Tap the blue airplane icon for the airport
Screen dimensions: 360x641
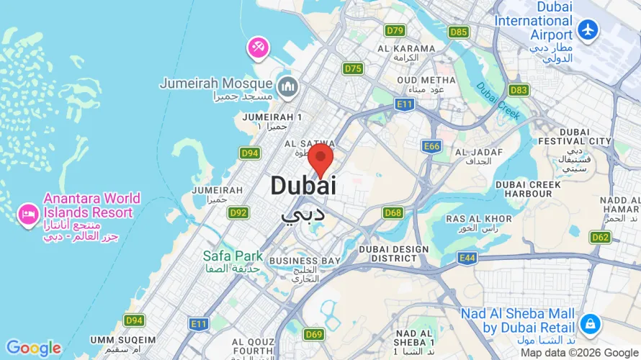(x=588, y=30)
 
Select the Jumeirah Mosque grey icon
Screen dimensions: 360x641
(x=288, y=86)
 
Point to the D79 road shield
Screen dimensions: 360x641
(x=395, y=30)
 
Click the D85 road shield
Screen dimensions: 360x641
(x=458, y=32)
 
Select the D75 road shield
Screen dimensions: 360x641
(x=353, y=68)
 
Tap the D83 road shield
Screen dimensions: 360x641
(x=518, y=90)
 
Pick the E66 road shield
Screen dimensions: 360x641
(x=431, y=146)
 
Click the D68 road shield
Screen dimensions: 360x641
(x=393, y=212)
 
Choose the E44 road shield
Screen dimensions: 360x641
(x=467, y=257)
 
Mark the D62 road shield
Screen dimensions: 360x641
(x=600, y=237)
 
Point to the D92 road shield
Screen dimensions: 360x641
(x=238, y=212)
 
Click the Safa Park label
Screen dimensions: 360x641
(x=233, y=256)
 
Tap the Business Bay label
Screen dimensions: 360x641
(x=305, y=260)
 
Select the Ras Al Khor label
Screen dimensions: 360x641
(x=479, y=219)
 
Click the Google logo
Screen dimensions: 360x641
(x=34, y=348)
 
